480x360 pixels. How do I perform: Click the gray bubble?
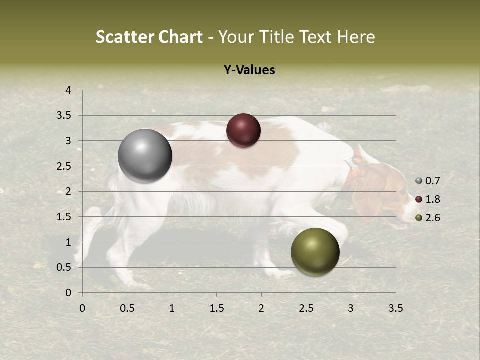145,156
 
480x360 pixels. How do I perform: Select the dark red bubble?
243,131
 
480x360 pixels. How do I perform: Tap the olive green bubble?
315,252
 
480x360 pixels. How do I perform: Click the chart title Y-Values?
249,70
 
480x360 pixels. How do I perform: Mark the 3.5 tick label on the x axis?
395,308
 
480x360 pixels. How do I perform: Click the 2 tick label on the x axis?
261,308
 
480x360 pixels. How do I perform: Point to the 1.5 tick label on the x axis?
216,308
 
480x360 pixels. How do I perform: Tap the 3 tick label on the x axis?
351,308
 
